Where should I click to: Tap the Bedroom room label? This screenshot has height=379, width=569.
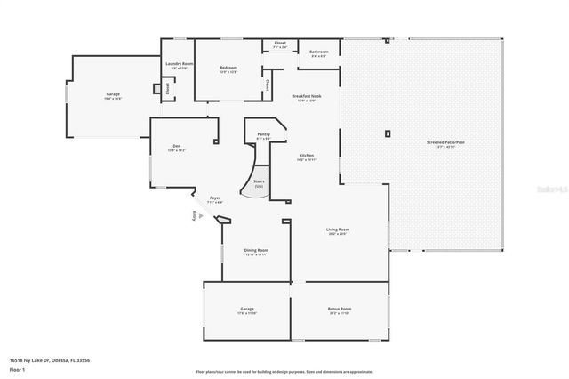(228, 68)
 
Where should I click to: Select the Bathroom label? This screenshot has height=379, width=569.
(319, 53)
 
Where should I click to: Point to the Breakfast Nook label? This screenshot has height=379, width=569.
(303, 97)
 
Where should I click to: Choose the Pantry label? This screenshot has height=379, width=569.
(264, 135)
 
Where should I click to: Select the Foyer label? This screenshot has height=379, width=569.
(214, 199)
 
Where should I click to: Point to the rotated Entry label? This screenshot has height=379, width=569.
(194, 216)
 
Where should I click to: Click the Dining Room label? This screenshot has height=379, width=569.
(256, 252)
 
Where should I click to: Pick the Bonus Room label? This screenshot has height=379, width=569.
(340, 310)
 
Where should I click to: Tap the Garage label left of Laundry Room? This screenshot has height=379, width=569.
(113, 95)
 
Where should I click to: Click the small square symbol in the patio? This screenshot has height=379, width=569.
(388, 133)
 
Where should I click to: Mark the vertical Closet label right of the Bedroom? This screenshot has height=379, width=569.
(268, 85)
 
